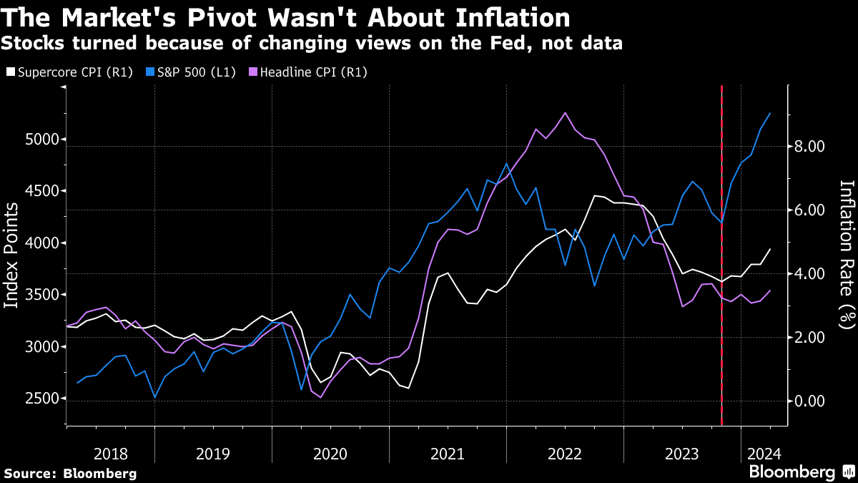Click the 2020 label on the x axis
point(330,454)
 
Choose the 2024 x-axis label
point(764,454)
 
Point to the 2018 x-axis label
point(111,454)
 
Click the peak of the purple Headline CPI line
point(566,112)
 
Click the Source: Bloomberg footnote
point(69,473)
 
